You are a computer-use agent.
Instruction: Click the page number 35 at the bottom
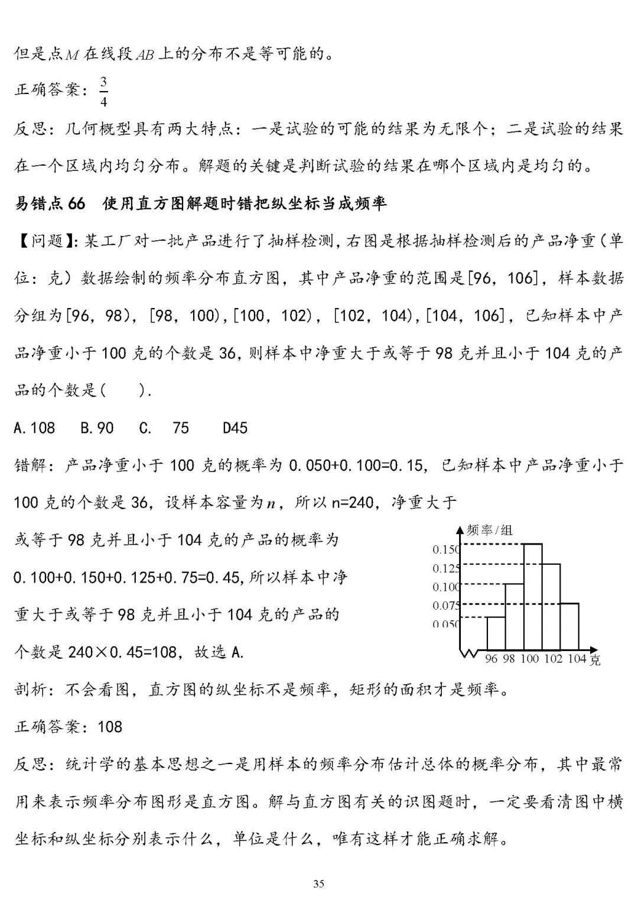318,884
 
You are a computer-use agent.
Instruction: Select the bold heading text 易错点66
50,203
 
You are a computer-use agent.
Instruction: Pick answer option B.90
97,428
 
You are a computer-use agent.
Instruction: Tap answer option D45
235,428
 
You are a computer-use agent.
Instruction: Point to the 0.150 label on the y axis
445,549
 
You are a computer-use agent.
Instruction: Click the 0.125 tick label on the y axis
445,568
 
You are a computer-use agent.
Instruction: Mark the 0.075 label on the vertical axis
445,606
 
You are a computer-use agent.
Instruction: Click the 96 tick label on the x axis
491,659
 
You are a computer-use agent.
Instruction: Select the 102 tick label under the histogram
553,659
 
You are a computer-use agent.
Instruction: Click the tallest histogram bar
533,597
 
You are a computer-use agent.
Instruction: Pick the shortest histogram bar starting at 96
496,633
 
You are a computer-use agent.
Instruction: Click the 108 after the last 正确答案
110,726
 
